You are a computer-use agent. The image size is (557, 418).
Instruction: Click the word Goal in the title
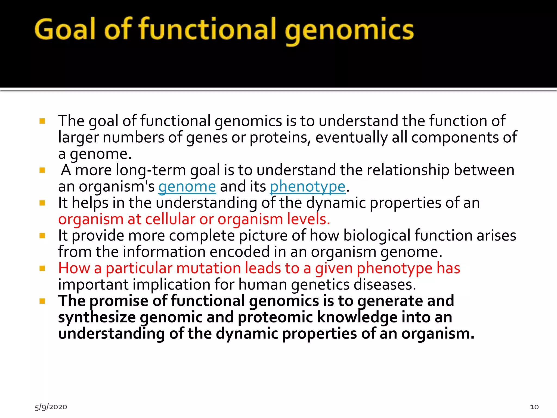(65, 29)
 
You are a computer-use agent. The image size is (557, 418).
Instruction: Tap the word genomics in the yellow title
(349, 30)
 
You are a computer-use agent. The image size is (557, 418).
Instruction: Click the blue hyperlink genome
(187, 187)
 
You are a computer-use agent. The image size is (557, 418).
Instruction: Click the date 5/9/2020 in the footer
(51, 407)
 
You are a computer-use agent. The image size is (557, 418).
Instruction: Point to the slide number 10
(534, 407)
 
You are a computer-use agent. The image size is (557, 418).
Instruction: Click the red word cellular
(170, 219)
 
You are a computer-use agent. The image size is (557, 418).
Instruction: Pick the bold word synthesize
(97, 318)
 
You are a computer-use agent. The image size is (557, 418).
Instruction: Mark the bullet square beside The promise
(42, 301)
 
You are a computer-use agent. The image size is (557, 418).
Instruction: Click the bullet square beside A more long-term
(42, 170)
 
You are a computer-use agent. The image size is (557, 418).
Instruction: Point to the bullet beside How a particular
(42, 268)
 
